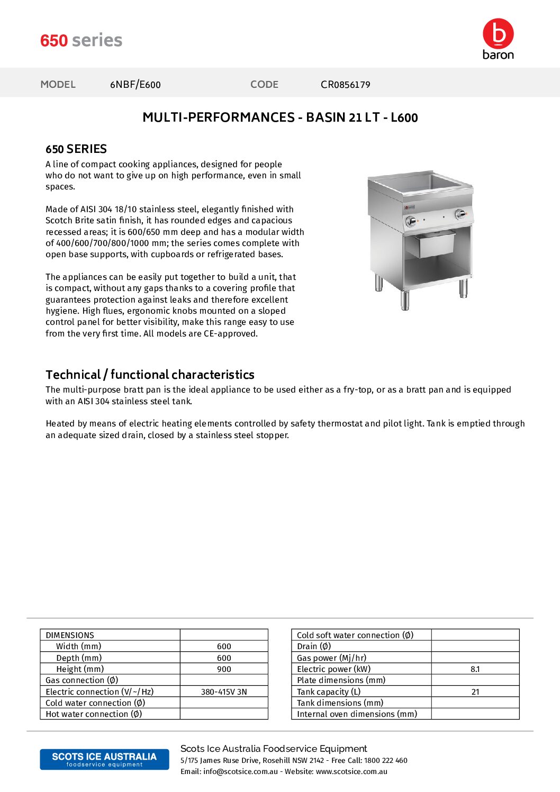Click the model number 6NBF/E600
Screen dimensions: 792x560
(135, 85)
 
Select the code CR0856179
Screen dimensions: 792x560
(345, 85)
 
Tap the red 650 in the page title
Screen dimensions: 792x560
(54, 41)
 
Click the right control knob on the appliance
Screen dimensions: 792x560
(460, 214)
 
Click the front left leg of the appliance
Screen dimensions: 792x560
(405, 299)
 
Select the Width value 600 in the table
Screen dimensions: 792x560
(224, 647)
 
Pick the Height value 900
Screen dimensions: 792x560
(224, 669)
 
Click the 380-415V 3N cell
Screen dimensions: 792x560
(224, 692)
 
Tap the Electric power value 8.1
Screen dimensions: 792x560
(475, 669)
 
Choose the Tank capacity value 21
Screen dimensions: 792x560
(475, 692)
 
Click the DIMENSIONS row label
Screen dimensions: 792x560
(70, 635)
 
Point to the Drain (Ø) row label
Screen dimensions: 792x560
(314, 647)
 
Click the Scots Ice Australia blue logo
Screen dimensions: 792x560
(104, 759)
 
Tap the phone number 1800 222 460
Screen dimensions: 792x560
(386, 761)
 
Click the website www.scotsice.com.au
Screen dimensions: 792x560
(351, 772)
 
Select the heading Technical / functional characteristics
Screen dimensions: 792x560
(150, 375)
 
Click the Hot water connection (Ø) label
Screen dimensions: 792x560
(94, 714)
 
